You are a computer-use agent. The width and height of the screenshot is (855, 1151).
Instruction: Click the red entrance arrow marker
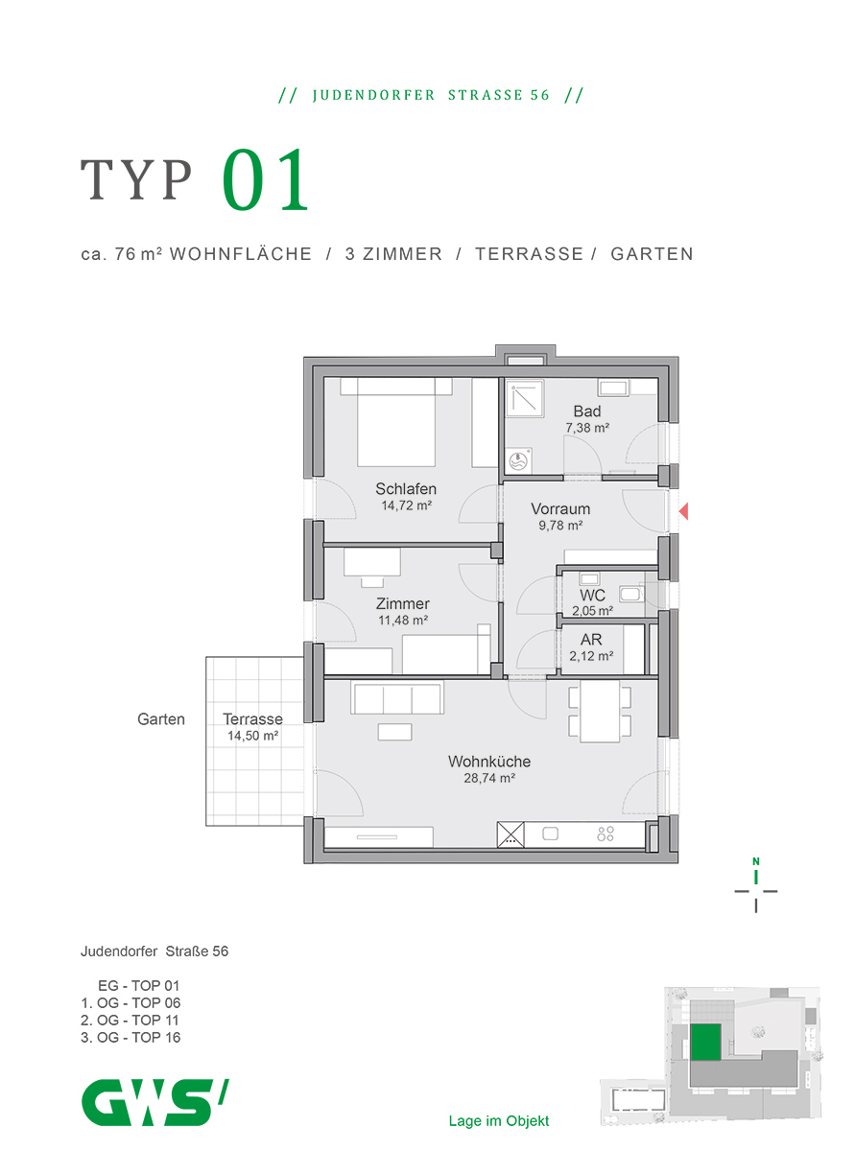click(x=683, y=511)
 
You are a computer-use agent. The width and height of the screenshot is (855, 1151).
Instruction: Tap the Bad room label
click(x=587, y=411)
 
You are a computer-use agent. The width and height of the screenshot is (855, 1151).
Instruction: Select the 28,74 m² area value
click(x=489, y=778)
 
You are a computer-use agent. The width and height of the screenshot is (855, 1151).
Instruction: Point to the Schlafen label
click(x=406, y=489)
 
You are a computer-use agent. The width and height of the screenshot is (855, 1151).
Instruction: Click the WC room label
click(x=592, y=595)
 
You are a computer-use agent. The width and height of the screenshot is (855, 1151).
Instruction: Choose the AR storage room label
click(x=591, y=640)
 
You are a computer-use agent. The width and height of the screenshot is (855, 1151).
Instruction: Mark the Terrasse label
click(x=252, y=718)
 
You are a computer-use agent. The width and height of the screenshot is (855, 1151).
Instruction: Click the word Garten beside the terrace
click(x=161, y=719)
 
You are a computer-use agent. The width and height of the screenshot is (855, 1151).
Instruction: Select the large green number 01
click(x=266, y=179)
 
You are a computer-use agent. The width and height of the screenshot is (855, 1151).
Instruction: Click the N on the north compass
click(x=756, y=861)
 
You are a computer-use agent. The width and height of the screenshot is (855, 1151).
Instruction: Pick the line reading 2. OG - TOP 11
click(x=130, y=1021)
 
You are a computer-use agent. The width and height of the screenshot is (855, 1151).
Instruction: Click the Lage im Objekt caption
click(x=498, y=1120)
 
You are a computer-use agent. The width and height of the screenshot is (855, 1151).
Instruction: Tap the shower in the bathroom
click(x=524, y=399)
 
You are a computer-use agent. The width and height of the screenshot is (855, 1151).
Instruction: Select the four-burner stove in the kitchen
click(x=606, y=834)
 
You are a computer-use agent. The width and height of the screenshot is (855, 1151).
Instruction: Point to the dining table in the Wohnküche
click(x=600, y=712)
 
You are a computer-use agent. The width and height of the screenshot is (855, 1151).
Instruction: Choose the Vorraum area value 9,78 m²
click(x=560, y=526)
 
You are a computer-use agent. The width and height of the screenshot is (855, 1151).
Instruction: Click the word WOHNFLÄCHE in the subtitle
click(x=241, y=254)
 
